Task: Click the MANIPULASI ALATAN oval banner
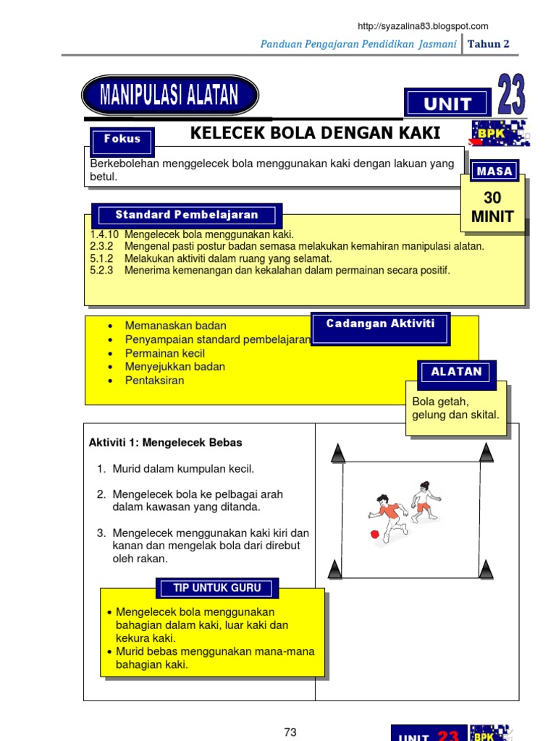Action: click(170, 95)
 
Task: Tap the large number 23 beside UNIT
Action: click(511, 95)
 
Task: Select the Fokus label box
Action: click(122, 140)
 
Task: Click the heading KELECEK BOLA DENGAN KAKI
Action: click(314, 133)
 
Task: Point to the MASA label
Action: click(495, 172)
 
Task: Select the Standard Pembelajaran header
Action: click(187, 215)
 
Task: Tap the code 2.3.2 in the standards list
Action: click(103, 246)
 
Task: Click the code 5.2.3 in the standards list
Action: click(103, 271)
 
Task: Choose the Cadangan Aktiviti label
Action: click(380, 324)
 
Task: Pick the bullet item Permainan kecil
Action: click(165, 353)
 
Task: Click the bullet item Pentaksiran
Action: click(155, 381)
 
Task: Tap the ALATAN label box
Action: click(456, 372)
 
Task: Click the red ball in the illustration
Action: click(374, 534)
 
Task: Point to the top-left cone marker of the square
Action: click(337, 454)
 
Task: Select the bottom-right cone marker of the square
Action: click(486, 569)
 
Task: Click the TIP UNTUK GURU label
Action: click(217, 588)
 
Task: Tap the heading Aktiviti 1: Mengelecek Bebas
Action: click(166, 442)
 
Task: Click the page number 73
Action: click(290, 732)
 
